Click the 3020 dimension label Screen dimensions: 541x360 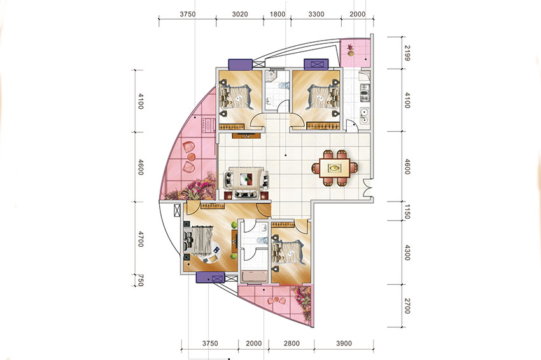pos(240,15)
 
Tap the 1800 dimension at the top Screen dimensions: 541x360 pos(278,15)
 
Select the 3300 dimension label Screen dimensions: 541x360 pos(316,15)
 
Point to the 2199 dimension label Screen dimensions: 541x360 pos(407,53)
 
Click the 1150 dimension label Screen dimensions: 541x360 pos(407,212)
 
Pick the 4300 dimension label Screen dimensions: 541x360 pos(407,253)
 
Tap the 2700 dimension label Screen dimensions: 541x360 pos(407,306)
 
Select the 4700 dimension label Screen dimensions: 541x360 pos(141,239)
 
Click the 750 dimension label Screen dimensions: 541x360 pos(141,280)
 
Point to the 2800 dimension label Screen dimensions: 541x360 pos(292,343)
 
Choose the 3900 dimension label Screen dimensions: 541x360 pos(344,343)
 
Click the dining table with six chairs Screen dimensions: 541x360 pos(334,169)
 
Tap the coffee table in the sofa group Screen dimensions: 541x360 pos(246,179)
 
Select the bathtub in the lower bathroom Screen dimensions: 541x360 pos(253,277)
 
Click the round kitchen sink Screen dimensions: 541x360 pos(364,116)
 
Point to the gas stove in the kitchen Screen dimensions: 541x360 pos(365,93)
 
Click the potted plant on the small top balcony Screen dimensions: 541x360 pos(351,50)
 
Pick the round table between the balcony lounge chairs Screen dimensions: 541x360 pos(192,157)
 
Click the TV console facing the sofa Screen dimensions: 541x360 pos(246,135)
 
